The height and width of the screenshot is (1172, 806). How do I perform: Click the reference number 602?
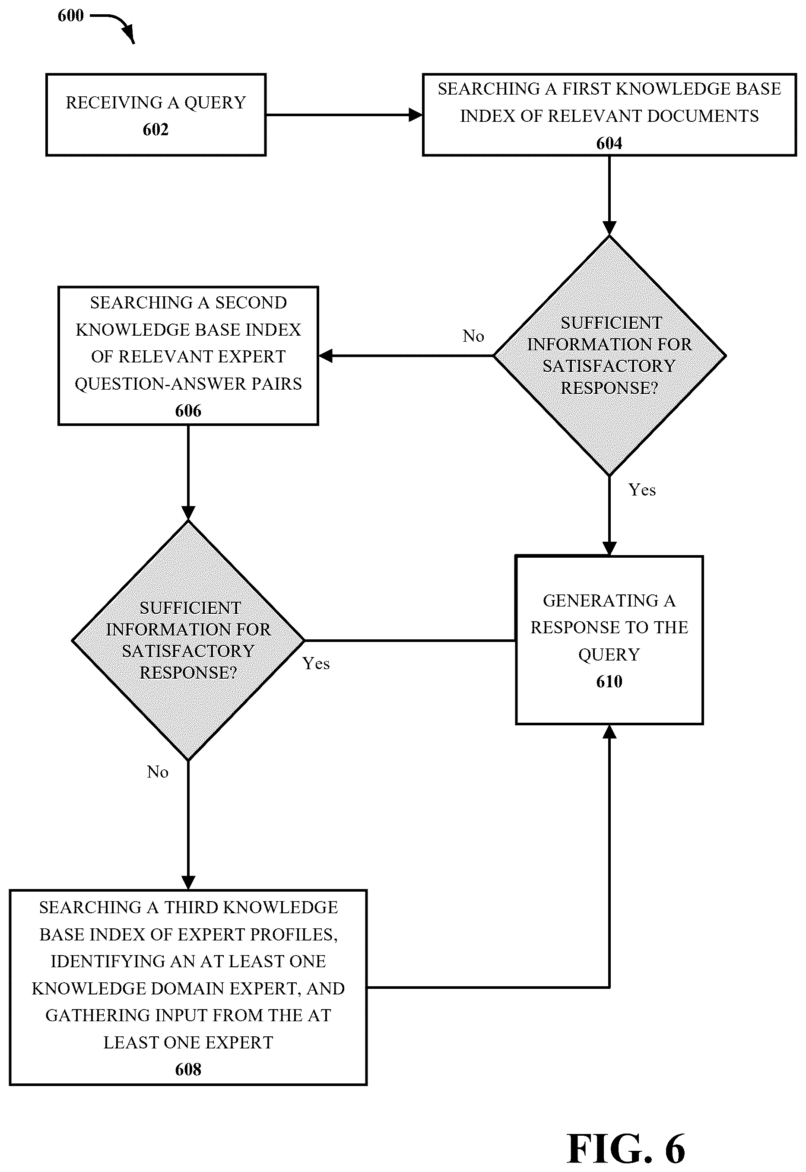[x=155, y=130]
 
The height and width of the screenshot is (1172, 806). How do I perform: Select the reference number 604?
[x=609, y=143]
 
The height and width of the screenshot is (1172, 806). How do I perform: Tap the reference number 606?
[x=188, y=411]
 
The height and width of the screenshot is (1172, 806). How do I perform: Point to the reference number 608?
[x=188, y=1070]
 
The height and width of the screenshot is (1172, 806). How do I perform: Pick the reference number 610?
[x=609, y=682]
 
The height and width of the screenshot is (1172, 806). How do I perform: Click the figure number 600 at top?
[x=71, y=16]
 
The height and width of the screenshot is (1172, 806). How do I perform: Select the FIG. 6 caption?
[x=626, y=1147]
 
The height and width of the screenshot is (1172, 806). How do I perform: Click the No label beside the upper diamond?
[x=473, y=336]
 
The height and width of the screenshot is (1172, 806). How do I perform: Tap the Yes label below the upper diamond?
[x=642, y=490]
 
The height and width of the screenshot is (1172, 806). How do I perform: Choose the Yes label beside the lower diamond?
[x=316, y=664]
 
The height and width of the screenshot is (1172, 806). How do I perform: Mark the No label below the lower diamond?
[x=158, y=772]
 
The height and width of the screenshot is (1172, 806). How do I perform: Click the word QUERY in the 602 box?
[x=215, y=103]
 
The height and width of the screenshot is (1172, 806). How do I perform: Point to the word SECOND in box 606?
[x=251, y=303]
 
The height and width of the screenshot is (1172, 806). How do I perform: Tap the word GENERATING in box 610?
[x=601, y=601]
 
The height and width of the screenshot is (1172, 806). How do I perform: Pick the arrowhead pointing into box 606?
[x=326, y=356]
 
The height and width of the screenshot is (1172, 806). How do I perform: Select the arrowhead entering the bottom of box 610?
[x=609, y=732]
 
